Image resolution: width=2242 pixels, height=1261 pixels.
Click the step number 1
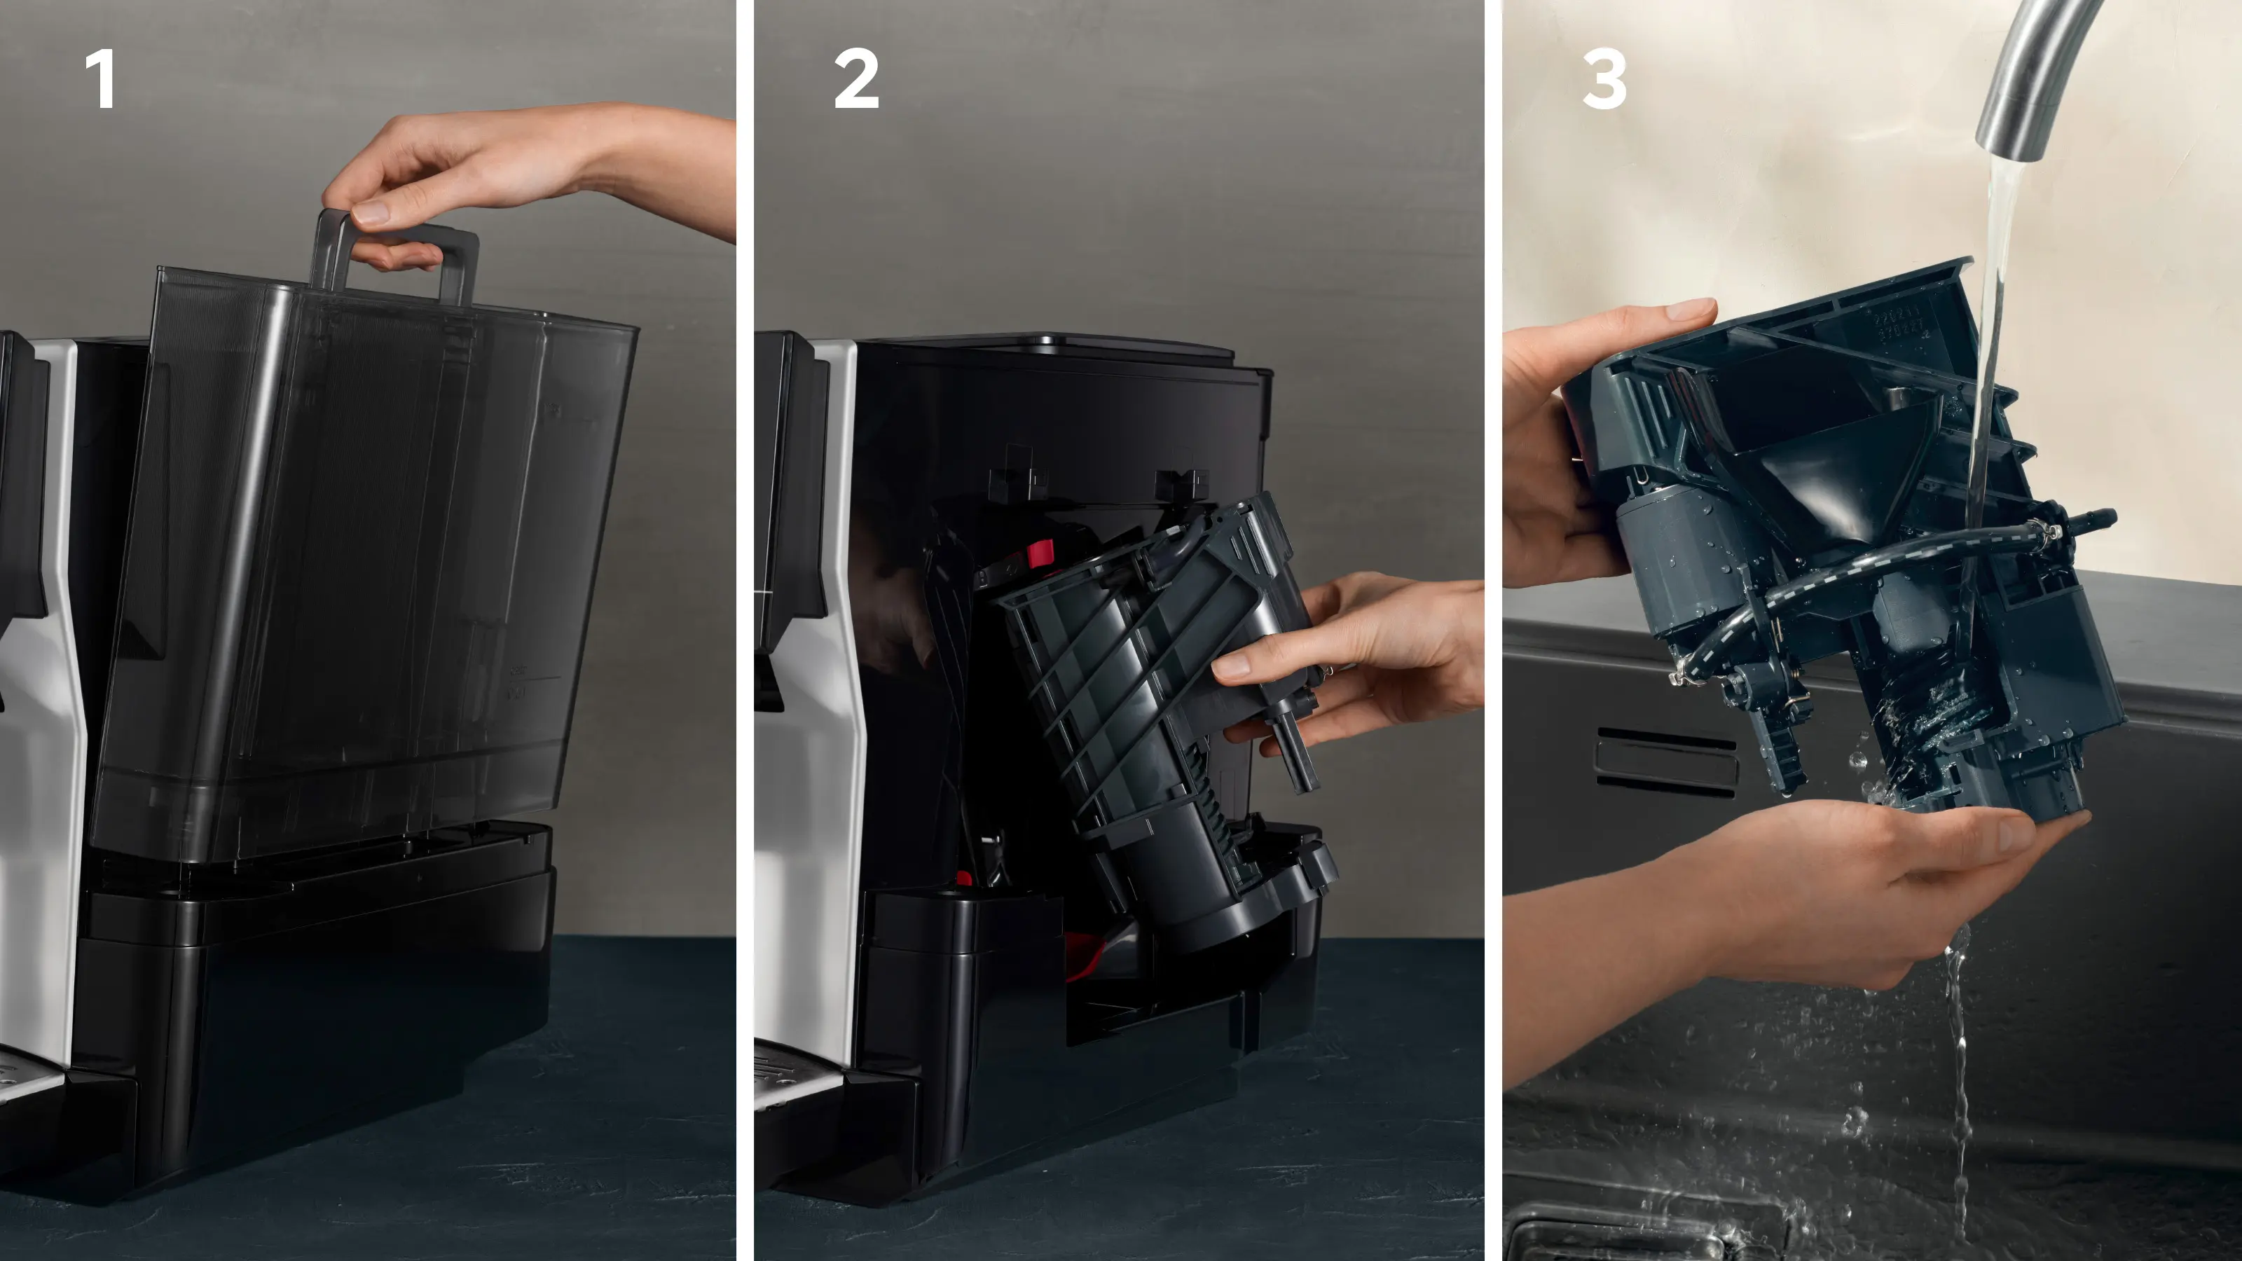101,79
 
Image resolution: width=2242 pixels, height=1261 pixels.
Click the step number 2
855,79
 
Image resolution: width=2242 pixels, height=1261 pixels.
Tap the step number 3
1604,79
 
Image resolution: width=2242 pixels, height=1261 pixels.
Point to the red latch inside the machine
1040,553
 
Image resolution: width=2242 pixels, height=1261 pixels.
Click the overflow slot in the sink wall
1665,759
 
